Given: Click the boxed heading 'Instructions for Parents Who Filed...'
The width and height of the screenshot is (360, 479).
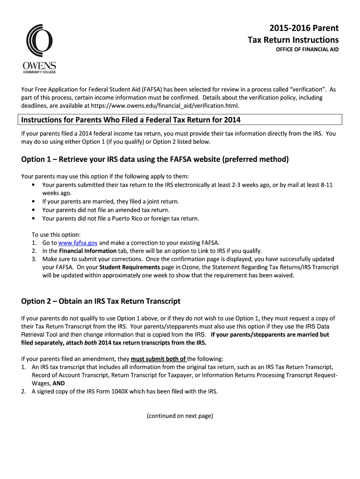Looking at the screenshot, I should click(x=131, y=120).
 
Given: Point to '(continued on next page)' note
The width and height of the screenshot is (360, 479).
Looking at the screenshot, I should click(x=180, y=415).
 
